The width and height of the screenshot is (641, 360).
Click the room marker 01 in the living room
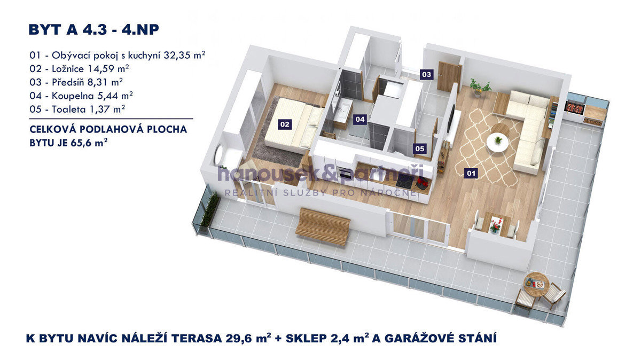(471, 173)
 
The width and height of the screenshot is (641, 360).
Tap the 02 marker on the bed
(285, 124)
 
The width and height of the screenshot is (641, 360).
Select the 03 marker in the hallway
(426, 74)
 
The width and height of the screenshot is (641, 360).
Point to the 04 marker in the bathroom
(360, 119)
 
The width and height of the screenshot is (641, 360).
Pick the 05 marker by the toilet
(420, 148)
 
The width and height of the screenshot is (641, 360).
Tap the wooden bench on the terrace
(323, 226)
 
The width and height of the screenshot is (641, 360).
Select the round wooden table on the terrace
(536, 284)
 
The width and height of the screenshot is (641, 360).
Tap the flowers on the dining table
(496, 225)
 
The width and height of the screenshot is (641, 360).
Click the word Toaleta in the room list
(69, 109)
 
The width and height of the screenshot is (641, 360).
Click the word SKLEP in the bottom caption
(307, 338)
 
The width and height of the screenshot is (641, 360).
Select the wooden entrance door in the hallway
(450, 77)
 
